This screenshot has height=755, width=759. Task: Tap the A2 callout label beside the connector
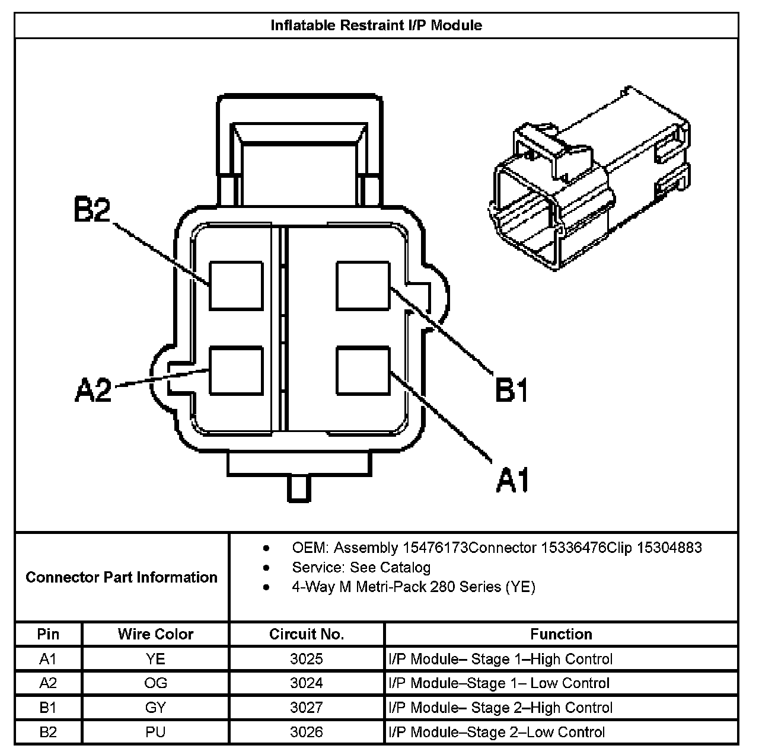point(94,390)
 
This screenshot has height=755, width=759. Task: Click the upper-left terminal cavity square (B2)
point(236,286)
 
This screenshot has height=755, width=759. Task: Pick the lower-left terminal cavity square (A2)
point(236,371)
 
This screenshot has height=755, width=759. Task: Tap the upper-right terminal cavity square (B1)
point(363,286)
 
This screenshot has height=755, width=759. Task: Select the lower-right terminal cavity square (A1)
point(363,371)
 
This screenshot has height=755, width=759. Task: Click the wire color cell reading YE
point(155,659)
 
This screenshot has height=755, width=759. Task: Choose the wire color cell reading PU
point(155,732)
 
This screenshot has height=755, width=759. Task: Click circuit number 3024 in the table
point(306,683)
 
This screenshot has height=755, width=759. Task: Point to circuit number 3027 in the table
point(306,708)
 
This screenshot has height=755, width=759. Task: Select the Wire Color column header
point(155,634)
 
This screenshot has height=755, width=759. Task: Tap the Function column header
point(561,634)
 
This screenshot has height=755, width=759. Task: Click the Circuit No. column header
point(306,634)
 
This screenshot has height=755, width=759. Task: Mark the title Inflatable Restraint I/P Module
point(377,25)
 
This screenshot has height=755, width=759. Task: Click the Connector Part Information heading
point(122,577)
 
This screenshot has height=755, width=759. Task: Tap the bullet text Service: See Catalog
point(361,567)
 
